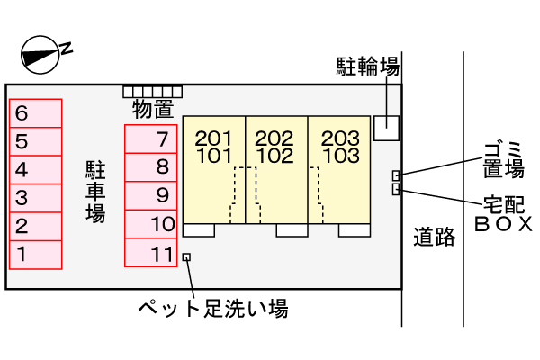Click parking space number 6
point(36,112)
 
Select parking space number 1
point(36,255)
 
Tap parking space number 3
point(36,198)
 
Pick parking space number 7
point(150,139)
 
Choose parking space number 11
point(150,255)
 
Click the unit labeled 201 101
point(214,166)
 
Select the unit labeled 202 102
point(275,166)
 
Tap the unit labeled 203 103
point(339,166)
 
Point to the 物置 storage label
point(152,111)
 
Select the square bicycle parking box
point(386,128)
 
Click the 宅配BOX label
point(503,213)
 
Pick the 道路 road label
point(435,239)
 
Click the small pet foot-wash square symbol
point(186,257)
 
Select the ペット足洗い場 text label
point(212,309)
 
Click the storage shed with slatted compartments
point(153,92)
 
